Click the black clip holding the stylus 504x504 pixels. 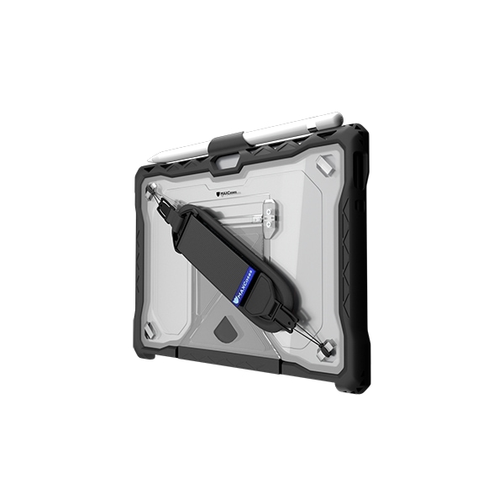[x=228, y=143]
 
